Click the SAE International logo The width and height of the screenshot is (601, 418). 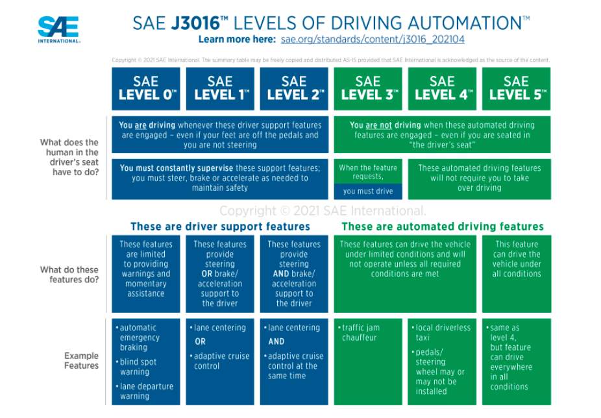coord(59,29)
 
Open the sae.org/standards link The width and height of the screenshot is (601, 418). coord(373,40)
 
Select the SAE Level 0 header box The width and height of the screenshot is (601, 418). coord(145,89)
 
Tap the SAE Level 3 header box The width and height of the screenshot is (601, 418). coord(368,89)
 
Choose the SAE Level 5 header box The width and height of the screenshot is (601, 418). coord(516,89)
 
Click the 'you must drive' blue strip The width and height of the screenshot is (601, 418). coord(368,191)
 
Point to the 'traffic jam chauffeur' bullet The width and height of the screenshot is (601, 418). coord(359,332)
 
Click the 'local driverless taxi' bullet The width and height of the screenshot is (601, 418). coord(441,332)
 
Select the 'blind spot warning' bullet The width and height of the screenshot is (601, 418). coord(136,367)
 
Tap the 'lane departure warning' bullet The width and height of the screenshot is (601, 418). coord(145,391)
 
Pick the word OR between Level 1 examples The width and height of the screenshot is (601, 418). coord(200,341)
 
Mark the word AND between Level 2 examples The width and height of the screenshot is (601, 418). coord(276,341)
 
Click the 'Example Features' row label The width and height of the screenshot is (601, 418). coord(81,360)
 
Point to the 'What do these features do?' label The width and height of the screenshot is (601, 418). coord(69,275)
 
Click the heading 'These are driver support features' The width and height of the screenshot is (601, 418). coord(220,227)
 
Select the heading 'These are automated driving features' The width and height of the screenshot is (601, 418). coord(443,227)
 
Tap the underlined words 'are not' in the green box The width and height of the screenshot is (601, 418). coord(378,125)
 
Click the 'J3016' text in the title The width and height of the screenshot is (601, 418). coord(195,23)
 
